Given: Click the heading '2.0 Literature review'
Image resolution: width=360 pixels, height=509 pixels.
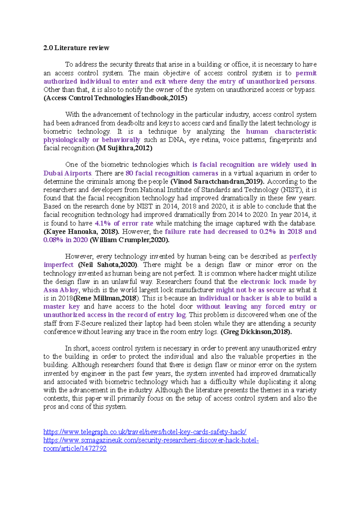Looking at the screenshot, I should click(76, 48).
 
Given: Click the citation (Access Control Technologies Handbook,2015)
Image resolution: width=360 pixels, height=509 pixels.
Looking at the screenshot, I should click(115, 98).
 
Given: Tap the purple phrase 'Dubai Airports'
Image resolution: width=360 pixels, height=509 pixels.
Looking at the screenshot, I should click(67, 173).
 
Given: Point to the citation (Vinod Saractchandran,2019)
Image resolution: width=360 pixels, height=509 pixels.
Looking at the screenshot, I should click(217, 182).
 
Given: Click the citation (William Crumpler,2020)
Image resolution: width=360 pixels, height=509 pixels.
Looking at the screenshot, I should click(130, 240).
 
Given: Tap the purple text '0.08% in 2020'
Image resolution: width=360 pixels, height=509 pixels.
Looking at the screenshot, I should click(66, 240).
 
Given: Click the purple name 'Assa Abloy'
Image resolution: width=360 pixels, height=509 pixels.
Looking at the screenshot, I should click(61, 290).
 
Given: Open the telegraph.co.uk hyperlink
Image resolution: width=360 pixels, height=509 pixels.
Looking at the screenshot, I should click(145, 432).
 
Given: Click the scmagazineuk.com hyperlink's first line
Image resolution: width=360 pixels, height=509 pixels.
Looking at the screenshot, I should click(151, 440).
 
